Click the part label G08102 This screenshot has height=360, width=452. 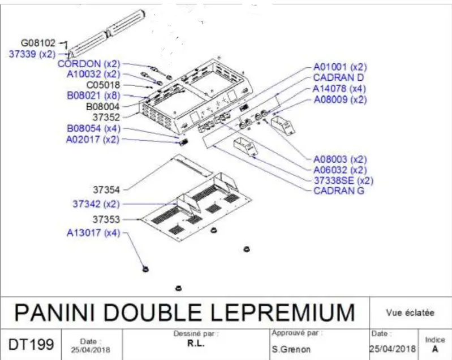(x=38, y=42)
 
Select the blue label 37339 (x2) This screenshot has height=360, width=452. (x=32, y=54)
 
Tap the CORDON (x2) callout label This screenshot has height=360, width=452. (x=89, y=64)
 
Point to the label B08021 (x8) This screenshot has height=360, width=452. (x=93, y=96)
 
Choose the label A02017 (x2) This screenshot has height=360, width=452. (x=92, y=139)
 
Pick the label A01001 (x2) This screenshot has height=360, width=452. (x=339, y=67)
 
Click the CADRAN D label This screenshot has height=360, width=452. (x=339, y=77)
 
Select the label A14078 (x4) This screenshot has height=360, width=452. (x=339, y=89)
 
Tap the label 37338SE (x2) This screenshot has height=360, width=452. (x=343, y=180)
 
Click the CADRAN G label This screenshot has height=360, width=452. (x=339, y=191)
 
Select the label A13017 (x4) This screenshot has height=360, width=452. (x=93, y=233)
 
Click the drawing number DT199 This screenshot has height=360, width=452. (x=32, y=344)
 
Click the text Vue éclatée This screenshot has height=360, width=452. (x=410, y=312)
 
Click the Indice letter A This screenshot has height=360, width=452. (x=435, y=349)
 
